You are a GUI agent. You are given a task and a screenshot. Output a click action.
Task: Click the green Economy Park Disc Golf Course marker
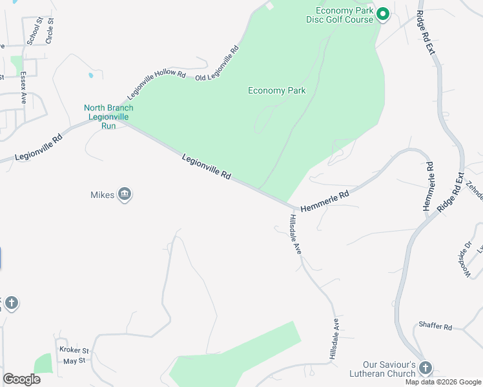382,14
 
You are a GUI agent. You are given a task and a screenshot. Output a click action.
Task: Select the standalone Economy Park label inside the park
277,90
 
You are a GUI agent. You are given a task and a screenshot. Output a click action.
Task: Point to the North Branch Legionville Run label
108,117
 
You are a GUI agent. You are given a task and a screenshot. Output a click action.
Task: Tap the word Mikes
102,194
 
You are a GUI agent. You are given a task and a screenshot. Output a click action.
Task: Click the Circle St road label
50,31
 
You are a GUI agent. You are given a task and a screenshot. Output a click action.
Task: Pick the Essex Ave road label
23,87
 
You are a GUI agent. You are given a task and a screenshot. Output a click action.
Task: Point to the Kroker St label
73,350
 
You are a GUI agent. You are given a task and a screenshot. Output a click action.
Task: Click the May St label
74,361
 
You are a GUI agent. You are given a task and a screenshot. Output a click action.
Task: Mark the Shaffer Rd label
435,326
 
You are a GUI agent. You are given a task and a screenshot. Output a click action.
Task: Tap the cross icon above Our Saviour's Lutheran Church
425,368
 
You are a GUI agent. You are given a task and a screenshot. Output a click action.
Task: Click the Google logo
21,379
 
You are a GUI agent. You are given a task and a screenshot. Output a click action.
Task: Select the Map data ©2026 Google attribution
442,382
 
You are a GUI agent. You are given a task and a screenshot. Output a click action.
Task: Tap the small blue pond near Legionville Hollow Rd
90,75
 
